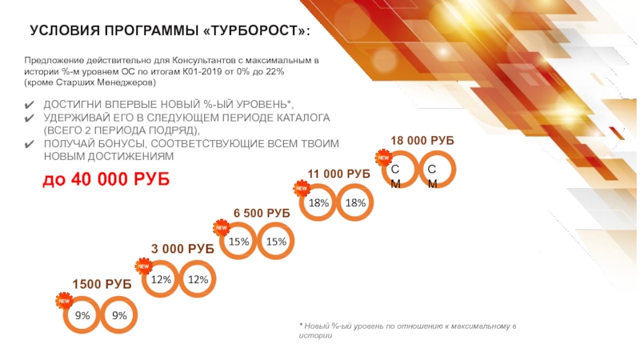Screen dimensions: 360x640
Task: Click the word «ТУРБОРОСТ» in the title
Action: click(x=254, y=30)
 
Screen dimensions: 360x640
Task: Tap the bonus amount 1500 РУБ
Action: click(x=102, y=284)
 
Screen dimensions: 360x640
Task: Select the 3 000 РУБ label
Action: click(x=182, y=250)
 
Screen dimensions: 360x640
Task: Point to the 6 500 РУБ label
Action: click(x=262, y=213)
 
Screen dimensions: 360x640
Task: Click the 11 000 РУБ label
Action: click(x=338, y=174)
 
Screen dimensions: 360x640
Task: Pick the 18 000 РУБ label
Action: click(x=422, y=140)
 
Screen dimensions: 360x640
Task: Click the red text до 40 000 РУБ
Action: click(x=106, y=180)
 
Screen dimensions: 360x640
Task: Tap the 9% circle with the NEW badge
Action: click(x=82, y=316)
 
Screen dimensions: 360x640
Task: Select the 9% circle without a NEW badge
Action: click(x=120, y=316)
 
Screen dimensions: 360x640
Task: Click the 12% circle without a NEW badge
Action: click(x=198, y=279)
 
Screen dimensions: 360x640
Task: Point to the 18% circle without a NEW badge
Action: click(x=355, y=203)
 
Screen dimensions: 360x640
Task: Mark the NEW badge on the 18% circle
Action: click(x=302, y=188)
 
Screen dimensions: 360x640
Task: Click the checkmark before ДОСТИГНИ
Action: click(x=30, y=106)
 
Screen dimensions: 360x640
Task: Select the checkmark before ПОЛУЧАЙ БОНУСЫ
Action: click(x=30, y=144)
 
